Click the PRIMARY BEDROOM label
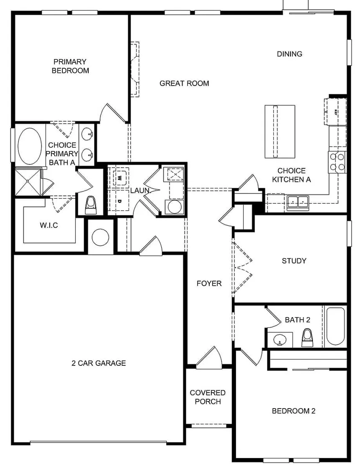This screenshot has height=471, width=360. [70, 66]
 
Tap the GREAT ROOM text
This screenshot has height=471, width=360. [184, 83]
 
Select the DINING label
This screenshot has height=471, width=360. [290, 54]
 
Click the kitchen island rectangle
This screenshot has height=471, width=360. [277, 132]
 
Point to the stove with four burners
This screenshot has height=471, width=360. [337, 162]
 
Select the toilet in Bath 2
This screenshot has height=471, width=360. [308, 337]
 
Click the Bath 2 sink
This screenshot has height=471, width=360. [280, 339]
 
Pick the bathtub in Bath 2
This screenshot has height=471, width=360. [335, 326]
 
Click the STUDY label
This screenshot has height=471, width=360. [294, 261]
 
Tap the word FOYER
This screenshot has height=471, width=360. [209, 284]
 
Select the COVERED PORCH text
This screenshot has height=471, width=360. [208, 397]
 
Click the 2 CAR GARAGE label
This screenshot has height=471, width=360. [98, 363]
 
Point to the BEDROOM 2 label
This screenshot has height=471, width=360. [293, 411]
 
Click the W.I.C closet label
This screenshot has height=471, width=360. [49, 225]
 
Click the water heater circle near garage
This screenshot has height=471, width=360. [100, 237]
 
